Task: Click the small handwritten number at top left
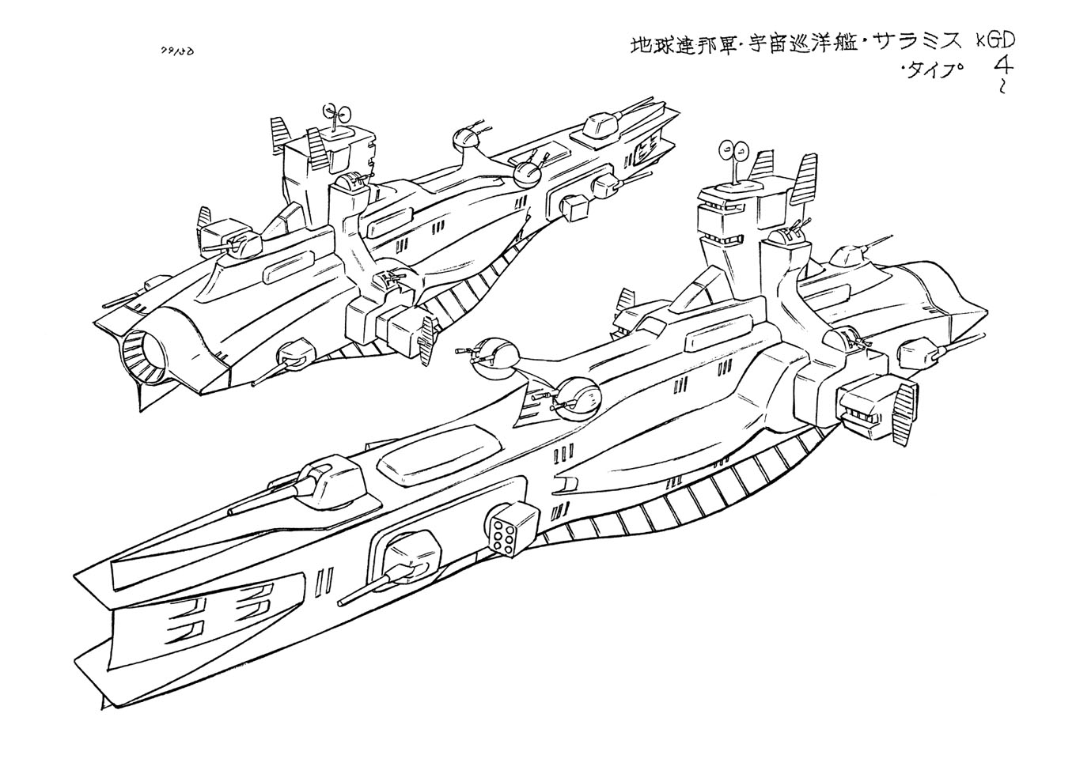(x=177, y=51)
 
